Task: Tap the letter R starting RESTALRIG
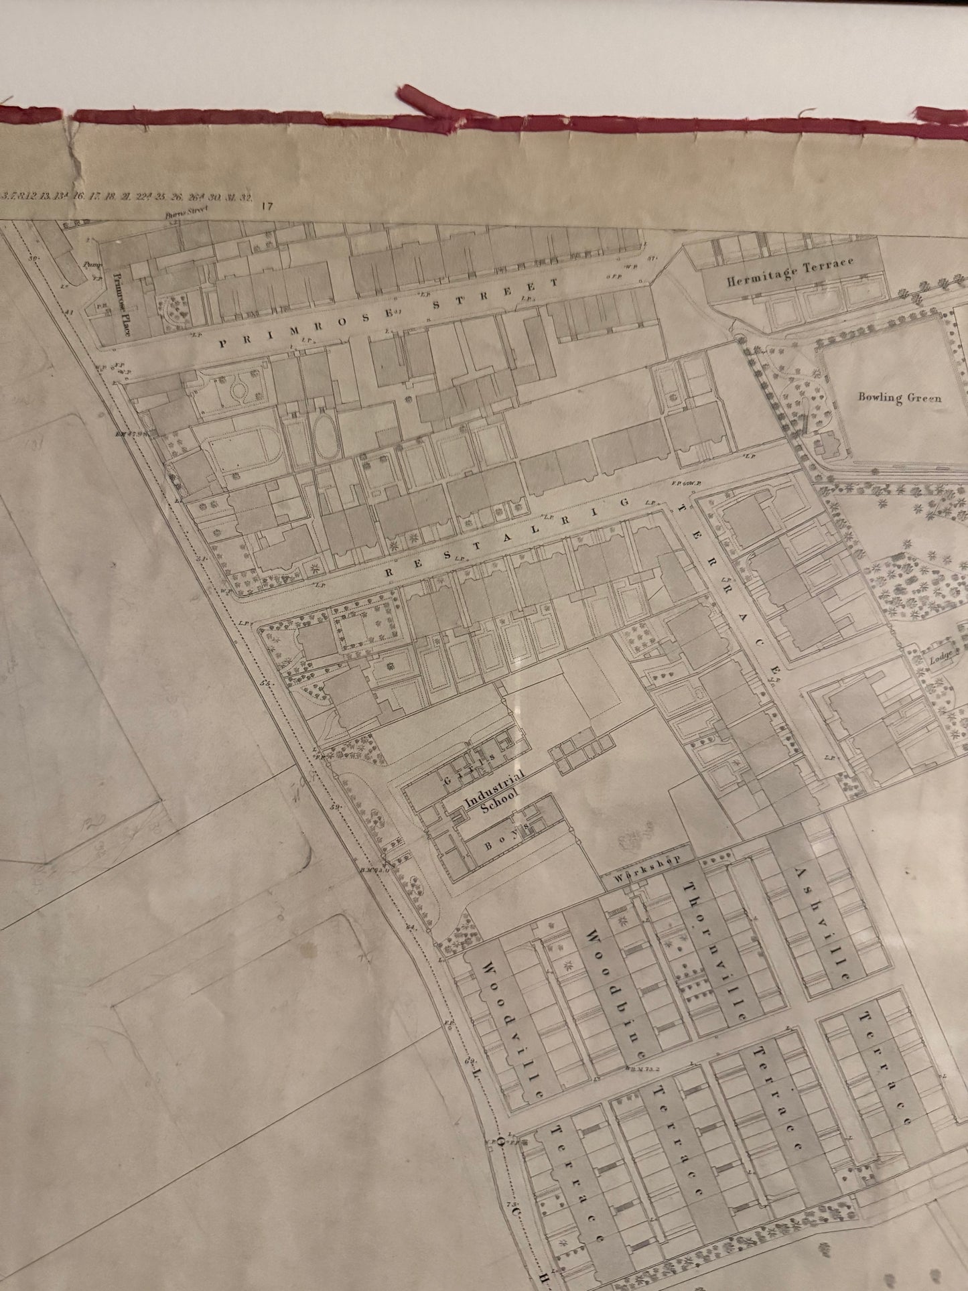pyautogui.click(x=389, y=573)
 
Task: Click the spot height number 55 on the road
pyautogui.click(x=265, y=683)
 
